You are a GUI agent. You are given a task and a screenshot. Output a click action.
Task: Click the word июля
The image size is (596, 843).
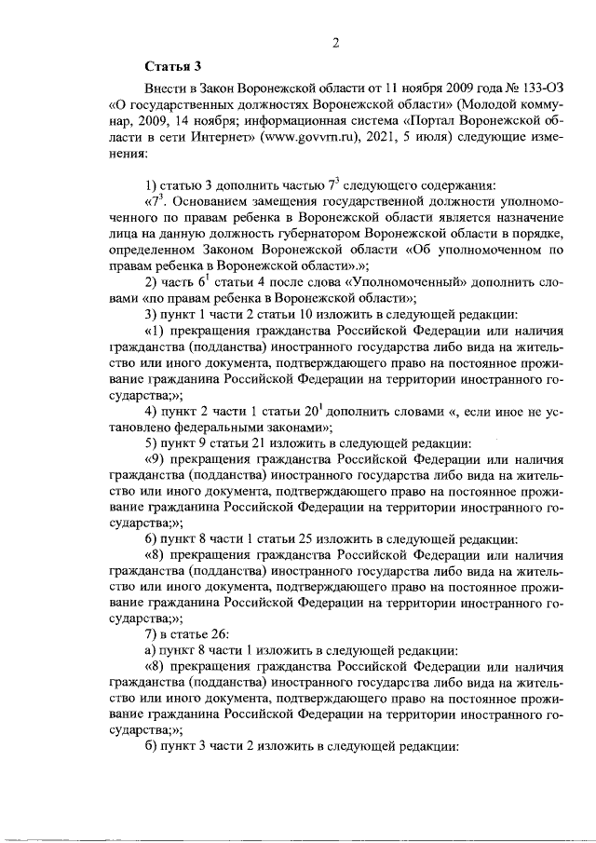click(x=463, y=137)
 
